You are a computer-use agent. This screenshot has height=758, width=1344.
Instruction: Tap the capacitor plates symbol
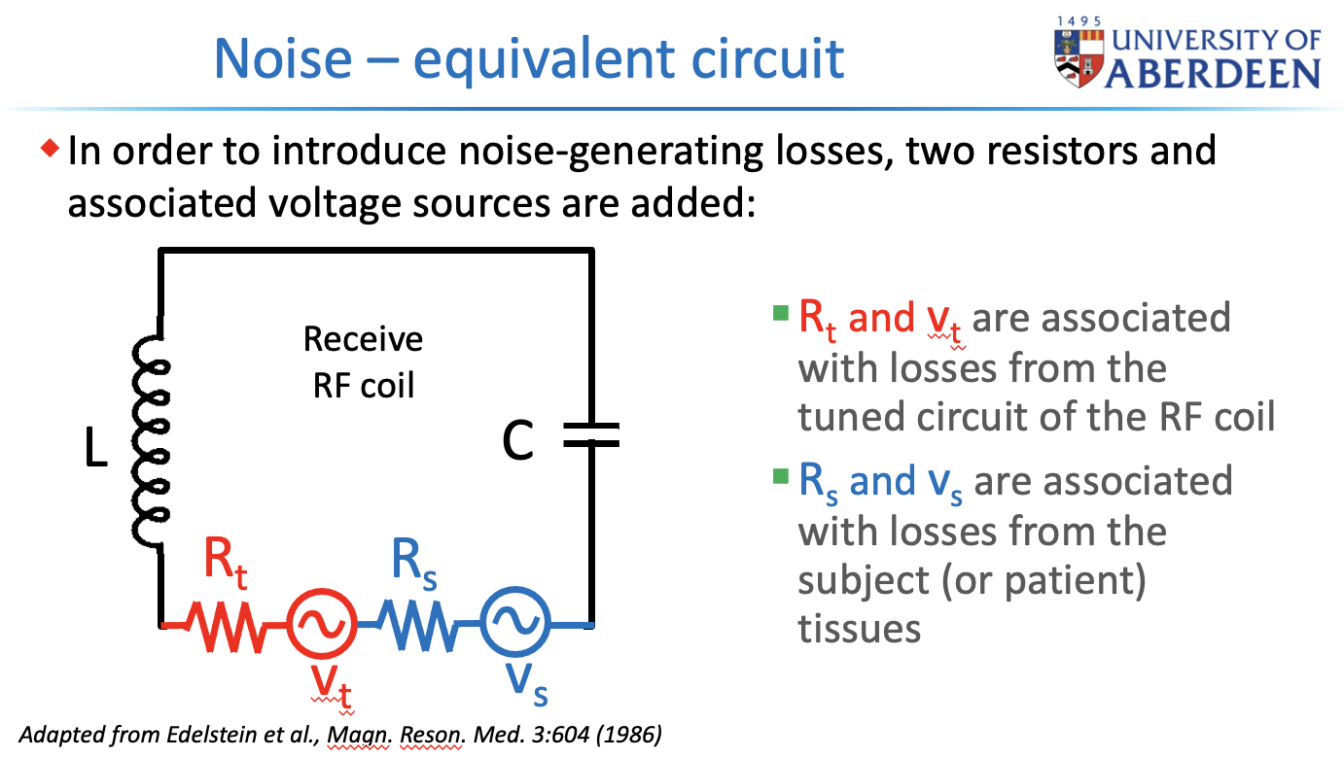590,439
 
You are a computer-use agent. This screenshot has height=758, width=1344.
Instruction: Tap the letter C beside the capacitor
518,442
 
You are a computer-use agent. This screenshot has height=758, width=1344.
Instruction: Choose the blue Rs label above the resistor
414,564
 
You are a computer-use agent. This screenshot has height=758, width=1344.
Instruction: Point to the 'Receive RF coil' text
363,362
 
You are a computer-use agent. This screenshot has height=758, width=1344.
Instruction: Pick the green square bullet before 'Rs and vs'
780,477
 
